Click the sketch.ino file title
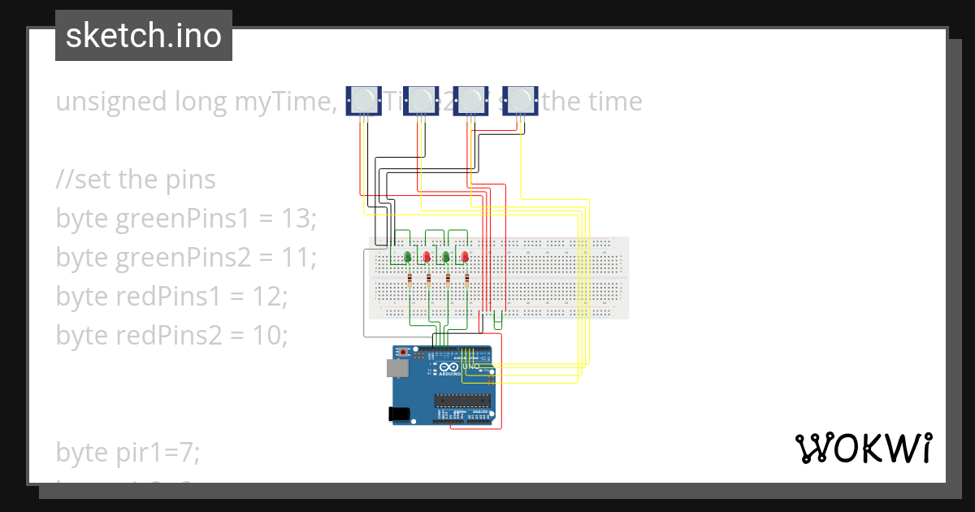144,36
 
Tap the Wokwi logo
863,449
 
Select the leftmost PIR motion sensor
363,100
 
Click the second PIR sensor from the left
421,100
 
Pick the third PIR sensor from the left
470,100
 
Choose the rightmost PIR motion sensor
520,100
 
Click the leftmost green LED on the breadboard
407,258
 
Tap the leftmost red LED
427,258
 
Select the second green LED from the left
446,258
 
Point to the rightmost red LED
466,258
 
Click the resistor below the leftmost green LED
409,280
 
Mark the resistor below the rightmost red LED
467,280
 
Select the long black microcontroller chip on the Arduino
464,399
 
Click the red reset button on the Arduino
403,353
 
